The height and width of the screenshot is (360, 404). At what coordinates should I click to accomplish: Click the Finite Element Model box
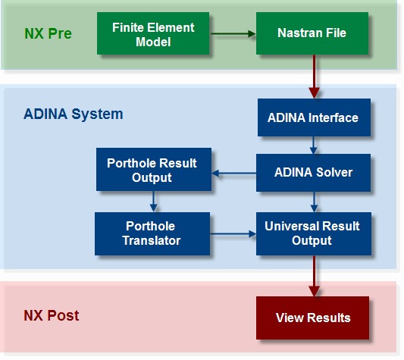(x=153, y=33)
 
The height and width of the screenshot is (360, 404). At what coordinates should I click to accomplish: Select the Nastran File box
(x=312, y=33)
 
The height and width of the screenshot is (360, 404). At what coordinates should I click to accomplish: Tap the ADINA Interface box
(x=314, y=117)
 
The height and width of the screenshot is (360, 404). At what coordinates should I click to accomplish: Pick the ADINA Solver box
(x=313, y=173)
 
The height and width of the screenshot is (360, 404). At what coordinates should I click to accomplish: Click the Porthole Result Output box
(x=154, y=169)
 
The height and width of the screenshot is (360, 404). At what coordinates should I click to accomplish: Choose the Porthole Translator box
(x=152, y=233)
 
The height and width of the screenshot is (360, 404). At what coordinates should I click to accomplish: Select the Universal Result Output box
(x=314, y=233)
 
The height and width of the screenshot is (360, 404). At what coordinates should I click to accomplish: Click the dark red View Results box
(x=312, y=318)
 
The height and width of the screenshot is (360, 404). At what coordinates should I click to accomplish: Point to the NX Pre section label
(x=48, y=33)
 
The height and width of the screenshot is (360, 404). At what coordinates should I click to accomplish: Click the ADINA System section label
(x=74, y=114)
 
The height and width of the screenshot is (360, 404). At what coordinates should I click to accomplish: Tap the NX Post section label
(x=52, y=315)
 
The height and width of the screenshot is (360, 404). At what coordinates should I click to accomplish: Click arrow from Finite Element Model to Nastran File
(x=233, y=33)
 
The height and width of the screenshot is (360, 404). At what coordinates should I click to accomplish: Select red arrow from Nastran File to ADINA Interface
(x=314, y=77)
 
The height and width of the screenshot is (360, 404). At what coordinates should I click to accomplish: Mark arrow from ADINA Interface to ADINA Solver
(x=313, y=146)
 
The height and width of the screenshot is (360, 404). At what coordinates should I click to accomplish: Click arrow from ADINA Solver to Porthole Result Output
(x=233, y=174)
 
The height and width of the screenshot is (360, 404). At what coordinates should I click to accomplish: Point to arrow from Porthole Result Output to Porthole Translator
(x=154, y=202)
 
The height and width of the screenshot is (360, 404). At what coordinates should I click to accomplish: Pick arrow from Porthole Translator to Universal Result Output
(x=233, y=234)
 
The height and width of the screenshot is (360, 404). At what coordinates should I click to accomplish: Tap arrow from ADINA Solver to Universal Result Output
(x=314, y=202)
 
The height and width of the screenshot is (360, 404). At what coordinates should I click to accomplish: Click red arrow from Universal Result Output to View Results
(x=314, y=276)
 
